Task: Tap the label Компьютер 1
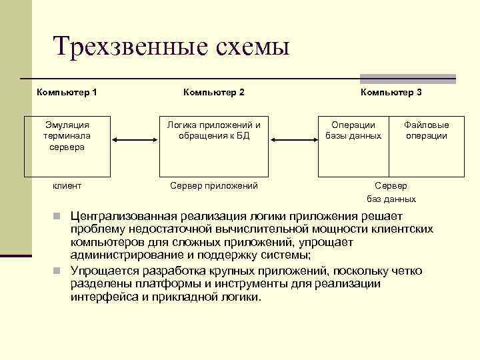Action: click(x=67, y=92)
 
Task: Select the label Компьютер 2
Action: click(x=213, y=92)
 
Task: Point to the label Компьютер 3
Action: click(x=391, y=92)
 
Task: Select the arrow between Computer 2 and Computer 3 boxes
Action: click(x=293, y=139)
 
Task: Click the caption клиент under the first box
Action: click(x=67, y=186)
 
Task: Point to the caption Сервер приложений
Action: click(x=214, y=186)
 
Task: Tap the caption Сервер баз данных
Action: click(x=391, y=192)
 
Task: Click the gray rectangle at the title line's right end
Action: click(x=408, y=78)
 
